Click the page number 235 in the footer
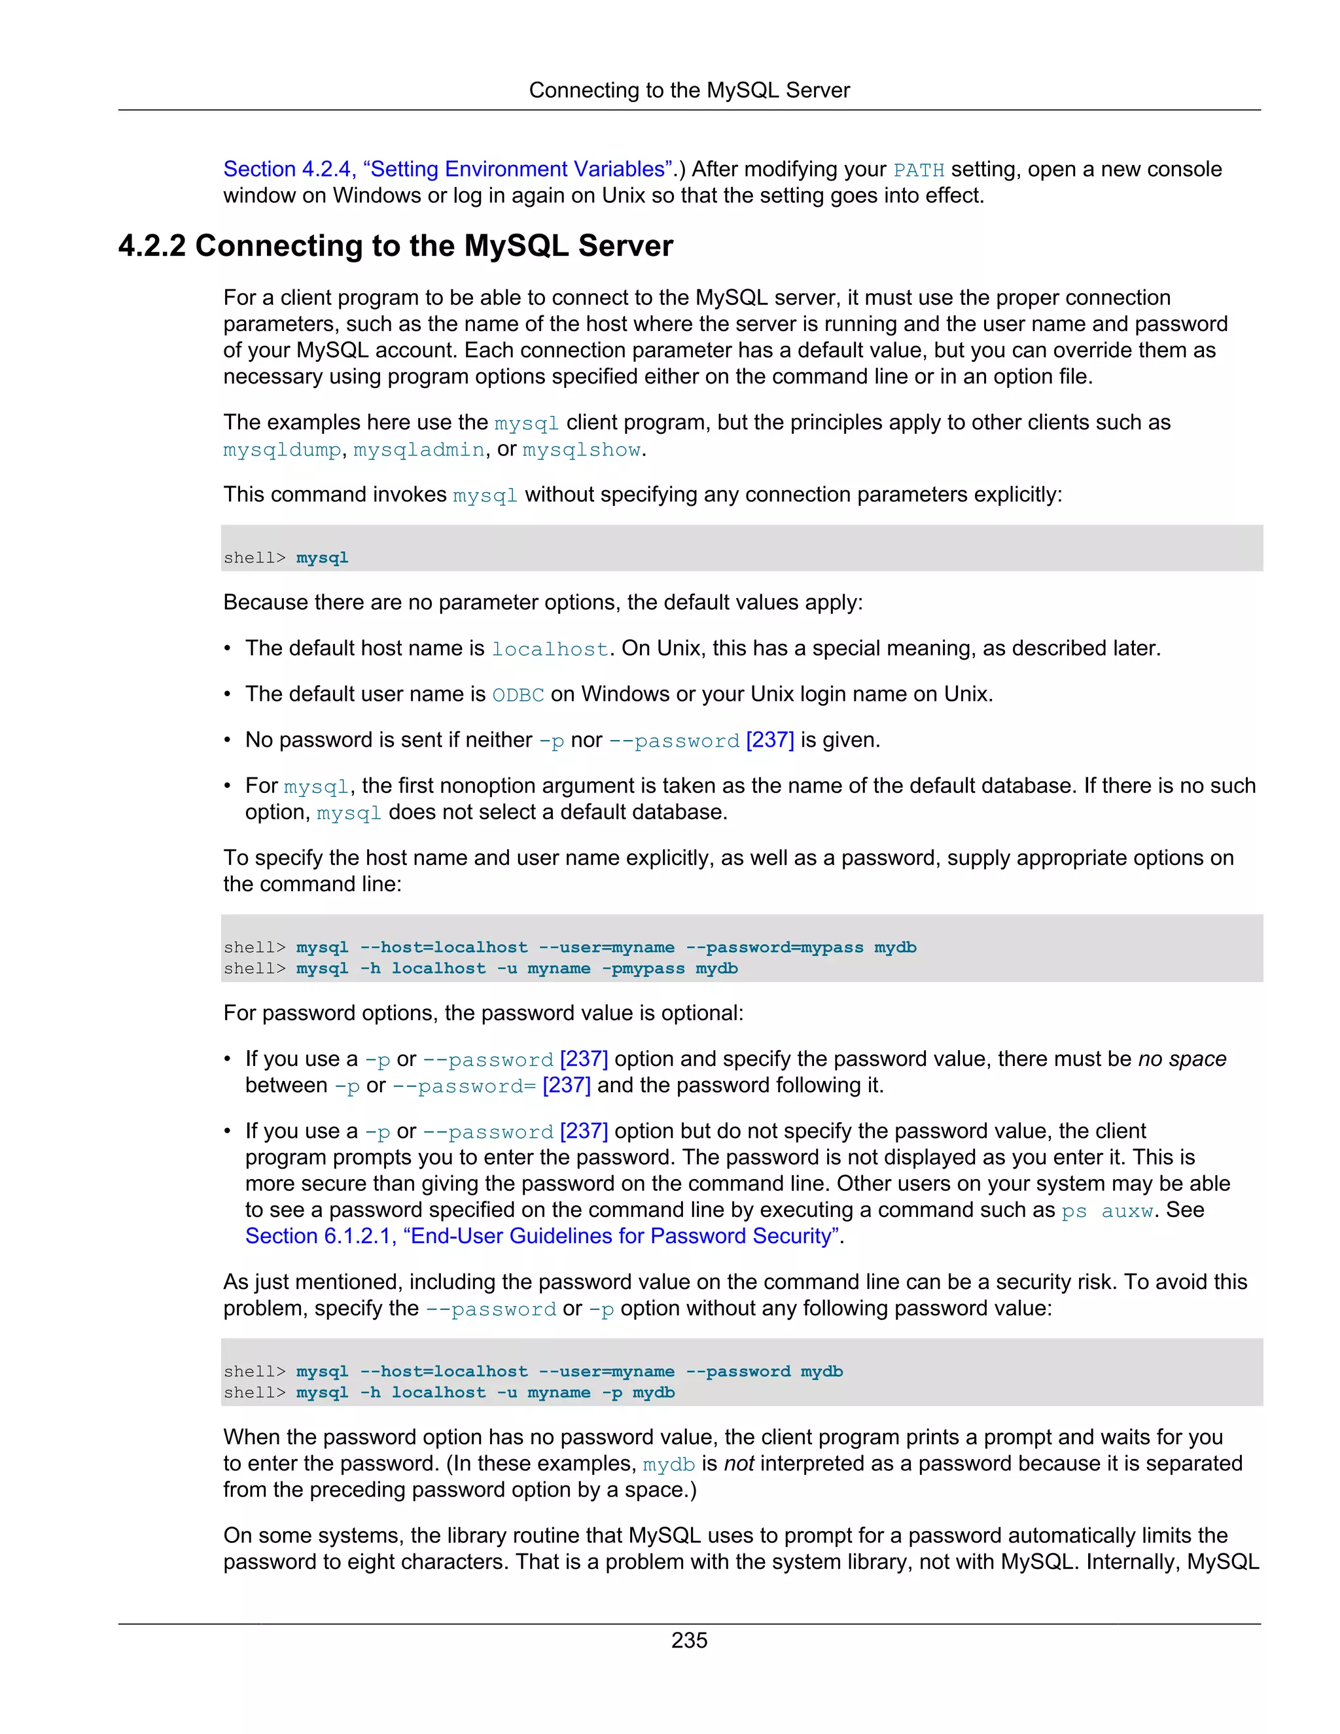(x=688, y=1640)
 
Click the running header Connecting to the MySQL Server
(x=689, y=90)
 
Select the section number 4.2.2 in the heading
(x=152, y=246)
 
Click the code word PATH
(x=919, y=171)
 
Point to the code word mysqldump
(x=282, y=450)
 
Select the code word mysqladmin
(x=418, y=450)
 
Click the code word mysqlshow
(x=581, y=450)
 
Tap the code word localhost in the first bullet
(x=550, y=650)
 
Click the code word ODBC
(x=518, y=696)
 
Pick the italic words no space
(x=1182, y=1059)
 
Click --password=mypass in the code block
(x=774, y=947)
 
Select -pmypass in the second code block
(x=643, y=968)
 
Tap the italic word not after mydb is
(x=738, y=1464)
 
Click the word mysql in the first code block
(x=323, y=558)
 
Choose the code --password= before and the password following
(x=465, y=1087)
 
